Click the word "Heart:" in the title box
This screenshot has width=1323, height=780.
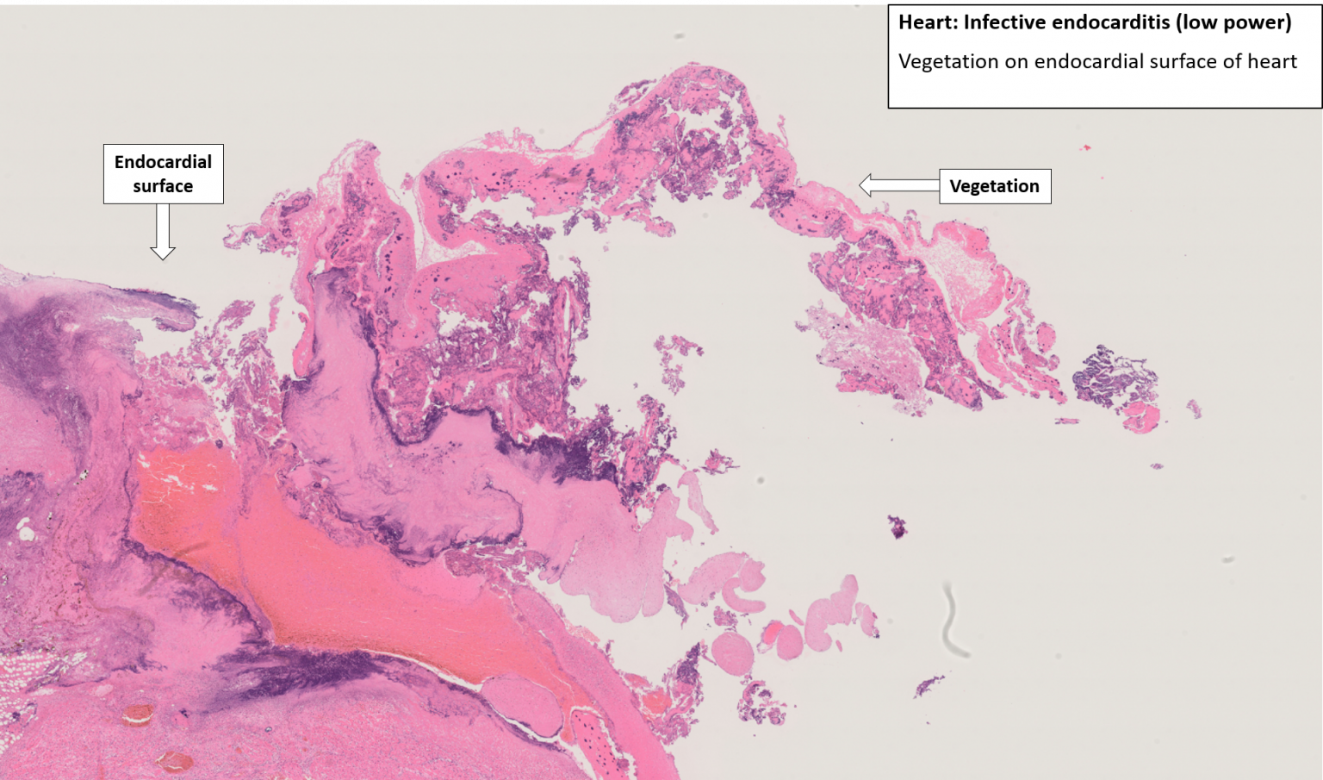[x=928, y=22]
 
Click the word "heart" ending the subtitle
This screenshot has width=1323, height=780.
[x=1271, y=62]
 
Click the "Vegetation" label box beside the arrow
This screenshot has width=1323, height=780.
[x=995, y=186]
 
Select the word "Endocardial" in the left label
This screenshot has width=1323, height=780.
[x=163, y=162]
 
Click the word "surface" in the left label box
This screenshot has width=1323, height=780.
[x=163, y=186]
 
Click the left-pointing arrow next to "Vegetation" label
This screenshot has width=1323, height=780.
[x=898, y=185]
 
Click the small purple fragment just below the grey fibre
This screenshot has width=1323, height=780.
[x=929, y=686]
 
